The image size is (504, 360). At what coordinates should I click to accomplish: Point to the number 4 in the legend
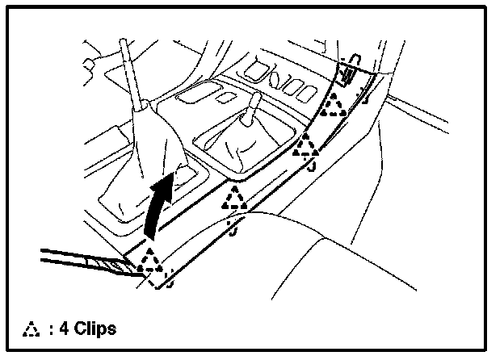point(63,329)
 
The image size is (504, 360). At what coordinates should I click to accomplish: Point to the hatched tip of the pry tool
point(107,263)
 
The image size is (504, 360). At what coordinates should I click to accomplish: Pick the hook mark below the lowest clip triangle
point(167,283)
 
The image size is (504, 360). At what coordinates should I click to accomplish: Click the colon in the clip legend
point(51,329)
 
